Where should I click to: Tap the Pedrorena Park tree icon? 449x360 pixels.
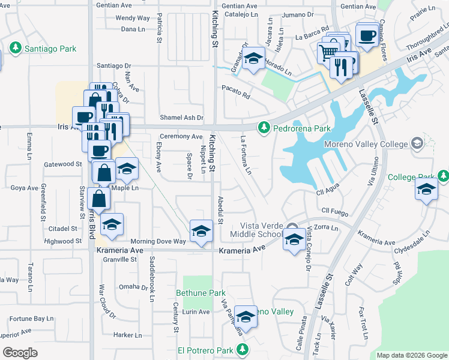tap(263, 128)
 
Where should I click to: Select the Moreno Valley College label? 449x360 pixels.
tap(366, 144)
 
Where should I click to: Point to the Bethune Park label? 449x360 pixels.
tap(200, 293)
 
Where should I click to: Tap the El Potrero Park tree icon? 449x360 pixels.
tap(242, 349)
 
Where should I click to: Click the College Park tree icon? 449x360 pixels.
tap(443, 177)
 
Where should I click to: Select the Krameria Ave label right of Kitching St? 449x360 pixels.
tap(242, 250)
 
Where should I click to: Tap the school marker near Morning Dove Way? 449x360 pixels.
tap(202, 231)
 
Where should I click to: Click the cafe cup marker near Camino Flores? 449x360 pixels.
tap(366, 34)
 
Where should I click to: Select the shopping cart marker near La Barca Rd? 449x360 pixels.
tap(328, 52)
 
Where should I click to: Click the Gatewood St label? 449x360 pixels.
tap(63, 164)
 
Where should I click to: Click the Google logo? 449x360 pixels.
tap(20, 353)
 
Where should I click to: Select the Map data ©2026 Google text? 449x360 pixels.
tap(412, 355)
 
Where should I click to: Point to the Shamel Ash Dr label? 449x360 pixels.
tap(182, 118)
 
